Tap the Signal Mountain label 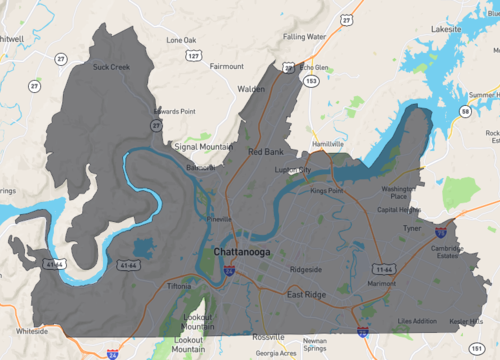tap(203, 147)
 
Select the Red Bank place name tap(267, 152)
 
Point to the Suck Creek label tap(111, 68)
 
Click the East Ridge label tap(307, 295)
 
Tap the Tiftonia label tap(179, 287)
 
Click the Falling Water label tap(305, 37)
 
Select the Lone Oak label tap(182, 40)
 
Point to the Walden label tap(251, 89)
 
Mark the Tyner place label tap(412, 228)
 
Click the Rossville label tap(267, 336)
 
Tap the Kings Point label tap(326, 190)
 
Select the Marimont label tap(381, 284)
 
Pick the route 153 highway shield tap(313, 79)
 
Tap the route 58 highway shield tap(466, 113)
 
